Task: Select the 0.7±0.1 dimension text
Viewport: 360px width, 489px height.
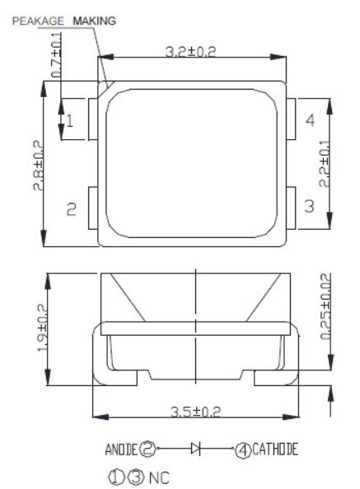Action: pyautogui.click(x=57, y=55)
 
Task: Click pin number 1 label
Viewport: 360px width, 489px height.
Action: pyautogui.click(x=70, y=121)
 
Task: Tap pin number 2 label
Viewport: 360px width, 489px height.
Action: pyautogui.click(x=71, y=211)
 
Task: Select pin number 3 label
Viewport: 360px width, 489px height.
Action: pyautogui.click(x=309, y=206)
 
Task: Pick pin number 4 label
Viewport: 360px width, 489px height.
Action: pyautogui.click(x=310, y=121)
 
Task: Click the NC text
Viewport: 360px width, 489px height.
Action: pyautogui.click(x=158, y=477)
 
